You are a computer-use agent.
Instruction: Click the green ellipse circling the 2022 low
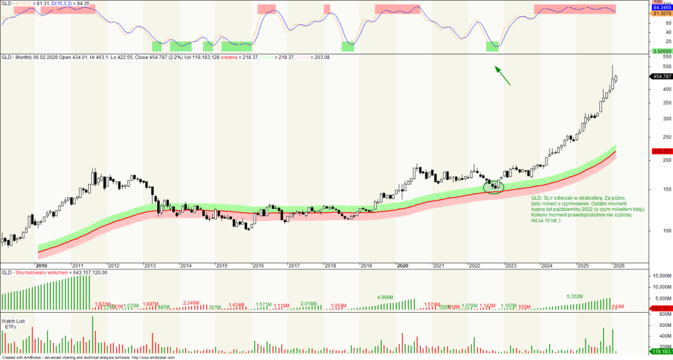tap(493, 187)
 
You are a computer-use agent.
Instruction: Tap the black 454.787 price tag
tap(661, 76)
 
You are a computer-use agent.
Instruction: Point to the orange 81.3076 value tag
tap(661, 13)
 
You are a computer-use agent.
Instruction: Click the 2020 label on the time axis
tap(403, 265)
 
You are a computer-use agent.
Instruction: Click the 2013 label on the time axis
tap(149, 265)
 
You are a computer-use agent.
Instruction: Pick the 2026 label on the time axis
tap(618, 265)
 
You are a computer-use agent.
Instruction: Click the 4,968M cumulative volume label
tap(386, 298)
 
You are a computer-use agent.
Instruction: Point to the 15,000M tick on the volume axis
tap(660, 277)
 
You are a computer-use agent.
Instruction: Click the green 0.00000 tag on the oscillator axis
tap(660, 51)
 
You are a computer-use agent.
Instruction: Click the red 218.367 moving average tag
tap(661, 152)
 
